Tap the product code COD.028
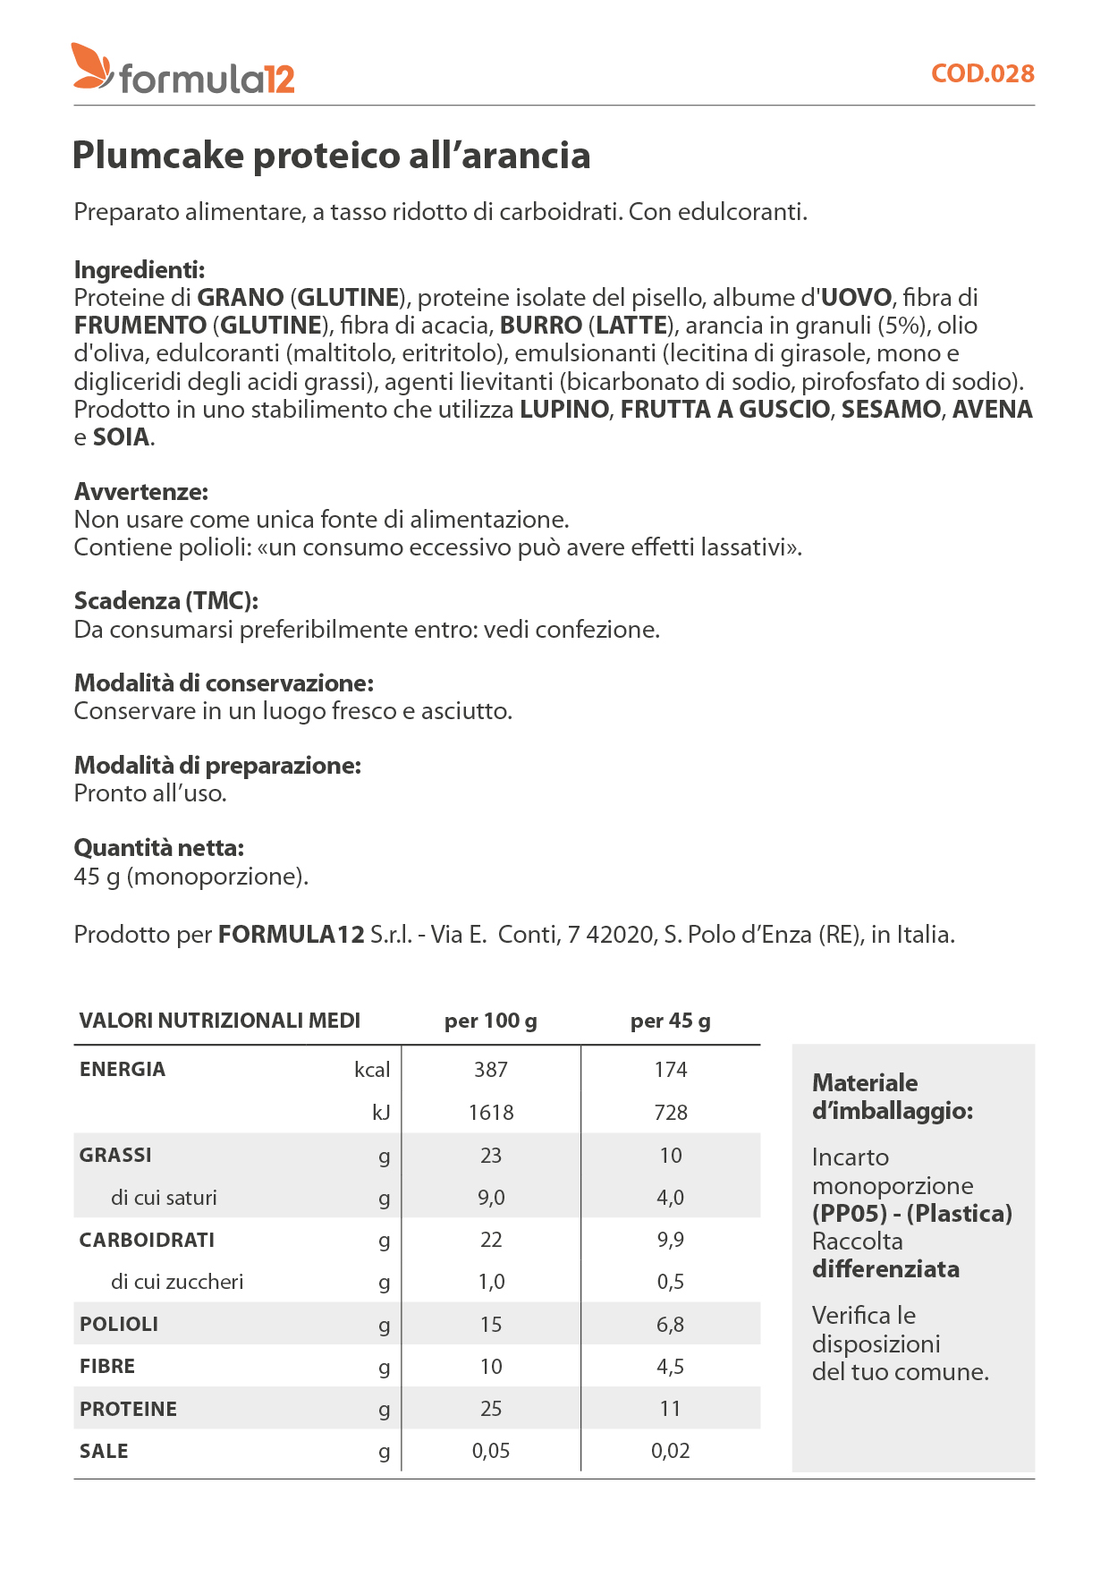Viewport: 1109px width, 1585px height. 982,73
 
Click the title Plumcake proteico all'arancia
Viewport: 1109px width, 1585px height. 331,156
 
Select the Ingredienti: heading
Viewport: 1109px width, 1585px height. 140,269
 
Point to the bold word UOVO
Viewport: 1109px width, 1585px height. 857,298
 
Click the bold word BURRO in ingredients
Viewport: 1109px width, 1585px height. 540,326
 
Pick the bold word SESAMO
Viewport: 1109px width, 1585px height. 891,410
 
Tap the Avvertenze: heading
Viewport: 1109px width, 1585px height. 140,492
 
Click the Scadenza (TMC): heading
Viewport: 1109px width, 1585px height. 166,601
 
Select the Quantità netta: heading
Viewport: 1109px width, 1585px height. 158,848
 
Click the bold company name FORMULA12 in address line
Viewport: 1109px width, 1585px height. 291,935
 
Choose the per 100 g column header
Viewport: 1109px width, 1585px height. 491,1021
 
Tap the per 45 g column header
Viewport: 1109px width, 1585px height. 670,1021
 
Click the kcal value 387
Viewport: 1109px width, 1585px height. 491,1070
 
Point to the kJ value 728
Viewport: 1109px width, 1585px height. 671,1113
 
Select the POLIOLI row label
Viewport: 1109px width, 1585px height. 119,1325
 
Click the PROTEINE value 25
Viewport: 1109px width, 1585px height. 491,1409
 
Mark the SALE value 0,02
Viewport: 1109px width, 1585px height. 671,1451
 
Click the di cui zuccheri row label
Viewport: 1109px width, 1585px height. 177,1282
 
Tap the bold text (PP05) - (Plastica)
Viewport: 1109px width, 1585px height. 912,1214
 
